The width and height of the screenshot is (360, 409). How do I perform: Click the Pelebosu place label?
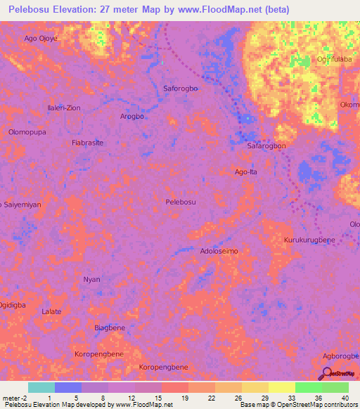(x=180, y=202)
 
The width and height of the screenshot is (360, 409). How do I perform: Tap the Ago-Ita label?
(x=246, y=171)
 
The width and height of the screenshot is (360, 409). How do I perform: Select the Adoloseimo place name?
(x=219, y=251)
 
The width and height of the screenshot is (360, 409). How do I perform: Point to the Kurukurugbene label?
(x=309, y=240)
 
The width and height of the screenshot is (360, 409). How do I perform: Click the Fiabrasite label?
(x=88, y=142)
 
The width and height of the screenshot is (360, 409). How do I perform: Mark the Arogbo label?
(x=132, y=117)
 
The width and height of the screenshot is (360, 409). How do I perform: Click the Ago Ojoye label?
(x=40, y=39)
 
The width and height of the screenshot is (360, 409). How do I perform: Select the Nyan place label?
(x=91, y=279)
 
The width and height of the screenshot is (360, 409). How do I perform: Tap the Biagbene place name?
(x=110, y=328)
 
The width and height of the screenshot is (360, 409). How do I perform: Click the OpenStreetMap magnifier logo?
(x=327, y=373)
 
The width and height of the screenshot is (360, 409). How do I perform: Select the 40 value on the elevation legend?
(x=344, y=398)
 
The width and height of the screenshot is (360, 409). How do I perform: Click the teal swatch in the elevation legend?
(x=41, y=387)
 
